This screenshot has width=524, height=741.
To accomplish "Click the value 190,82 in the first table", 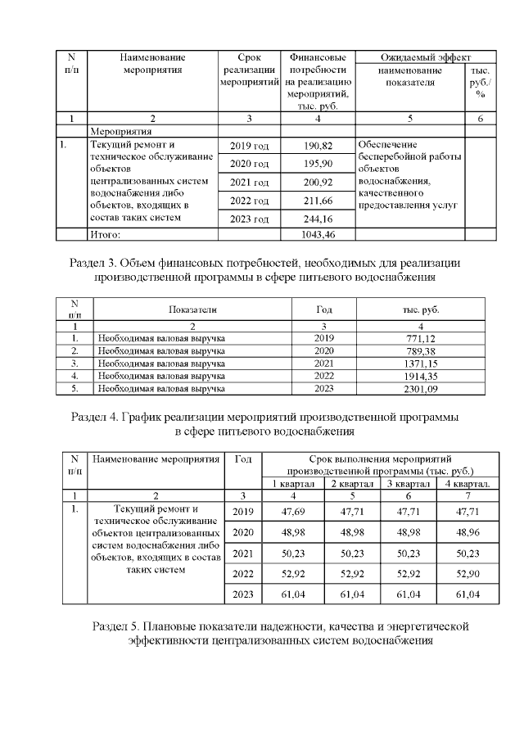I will (x=318, y=146).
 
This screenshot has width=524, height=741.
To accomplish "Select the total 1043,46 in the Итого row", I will (x=318, y=235).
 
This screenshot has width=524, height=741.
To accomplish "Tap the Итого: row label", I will (x=106, y=235).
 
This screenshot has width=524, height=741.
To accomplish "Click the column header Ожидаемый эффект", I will (x=425, y=57).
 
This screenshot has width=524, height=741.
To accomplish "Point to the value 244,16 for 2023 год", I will (x=318, y=219).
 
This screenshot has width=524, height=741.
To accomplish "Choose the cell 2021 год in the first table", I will (x=249, y=182).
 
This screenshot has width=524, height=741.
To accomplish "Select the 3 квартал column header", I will (x=408, y=484).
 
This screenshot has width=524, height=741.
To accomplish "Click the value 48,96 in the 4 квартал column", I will (x=466, y=531).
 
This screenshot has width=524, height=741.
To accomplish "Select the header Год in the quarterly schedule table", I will (x=242, y=460).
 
